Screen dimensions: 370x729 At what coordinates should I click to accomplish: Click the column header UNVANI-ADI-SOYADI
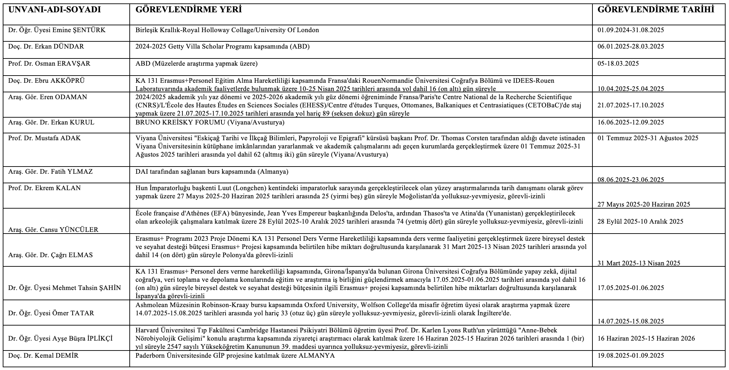click(x=54, y=10)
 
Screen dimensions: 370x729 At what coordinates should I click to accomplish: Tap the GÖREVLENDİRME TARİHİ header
click(x=656, y=10)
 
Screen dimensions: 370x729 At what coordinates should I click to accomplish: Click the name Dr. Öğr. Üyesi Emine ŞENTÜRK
click(x=57, y=30)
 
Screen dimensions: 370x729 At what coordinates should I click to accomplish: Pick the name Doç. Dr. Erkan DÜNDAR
click(x=46, y=47)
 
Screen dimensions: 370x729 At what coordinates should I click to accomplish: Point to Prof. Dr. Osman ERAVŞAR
click(x=50, y=64)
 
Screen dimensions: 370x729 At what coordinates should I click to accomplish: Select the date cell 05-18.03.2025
click(x=618, y=64)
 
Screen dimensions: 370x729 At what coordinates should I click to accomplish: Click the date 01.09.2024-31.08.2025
click(x=630, y=30)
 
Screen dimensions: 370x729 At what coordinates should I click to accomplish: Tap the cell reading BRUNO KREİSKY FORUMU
click(x=210, y=122)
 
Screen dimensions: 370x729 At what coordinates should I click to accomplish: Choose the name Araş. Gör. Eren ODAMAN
click(x=48, y=97)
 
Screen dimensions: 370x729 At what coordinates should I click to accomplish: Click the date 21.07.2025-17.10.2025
click(x=630, y=105)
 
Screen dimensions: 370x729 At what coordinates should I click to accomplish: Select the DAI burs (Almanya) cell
click(x=212, y=172)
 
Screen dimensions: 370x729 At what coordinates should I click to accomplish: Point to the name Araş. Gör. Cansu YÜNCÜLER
click(x=53, y=230)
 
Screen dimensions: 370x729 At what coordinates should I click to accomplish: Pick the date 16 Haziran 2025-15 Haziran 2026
click(x=646, y=339)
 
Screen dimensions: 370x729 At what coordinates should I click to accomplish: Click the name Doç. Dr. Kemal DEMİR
click(x=43, y=356)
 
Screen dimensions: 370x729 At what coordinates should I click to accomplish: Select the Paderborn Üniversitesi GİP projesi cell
click(x=235, y=356)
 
